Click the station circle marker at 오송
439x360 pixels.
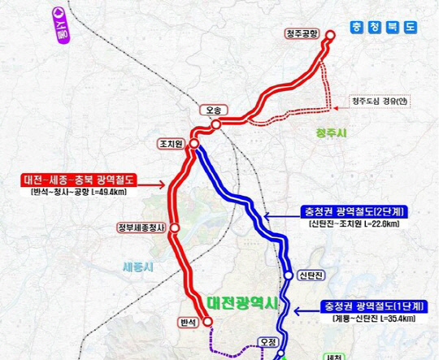click(x=216, y=124)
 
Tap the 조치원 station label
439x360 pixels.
click(x=172, y=143)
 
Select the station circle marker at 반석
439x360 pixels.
click(x=207, y=322)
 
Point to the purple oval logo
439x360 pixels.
click(x=60, y=16)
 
